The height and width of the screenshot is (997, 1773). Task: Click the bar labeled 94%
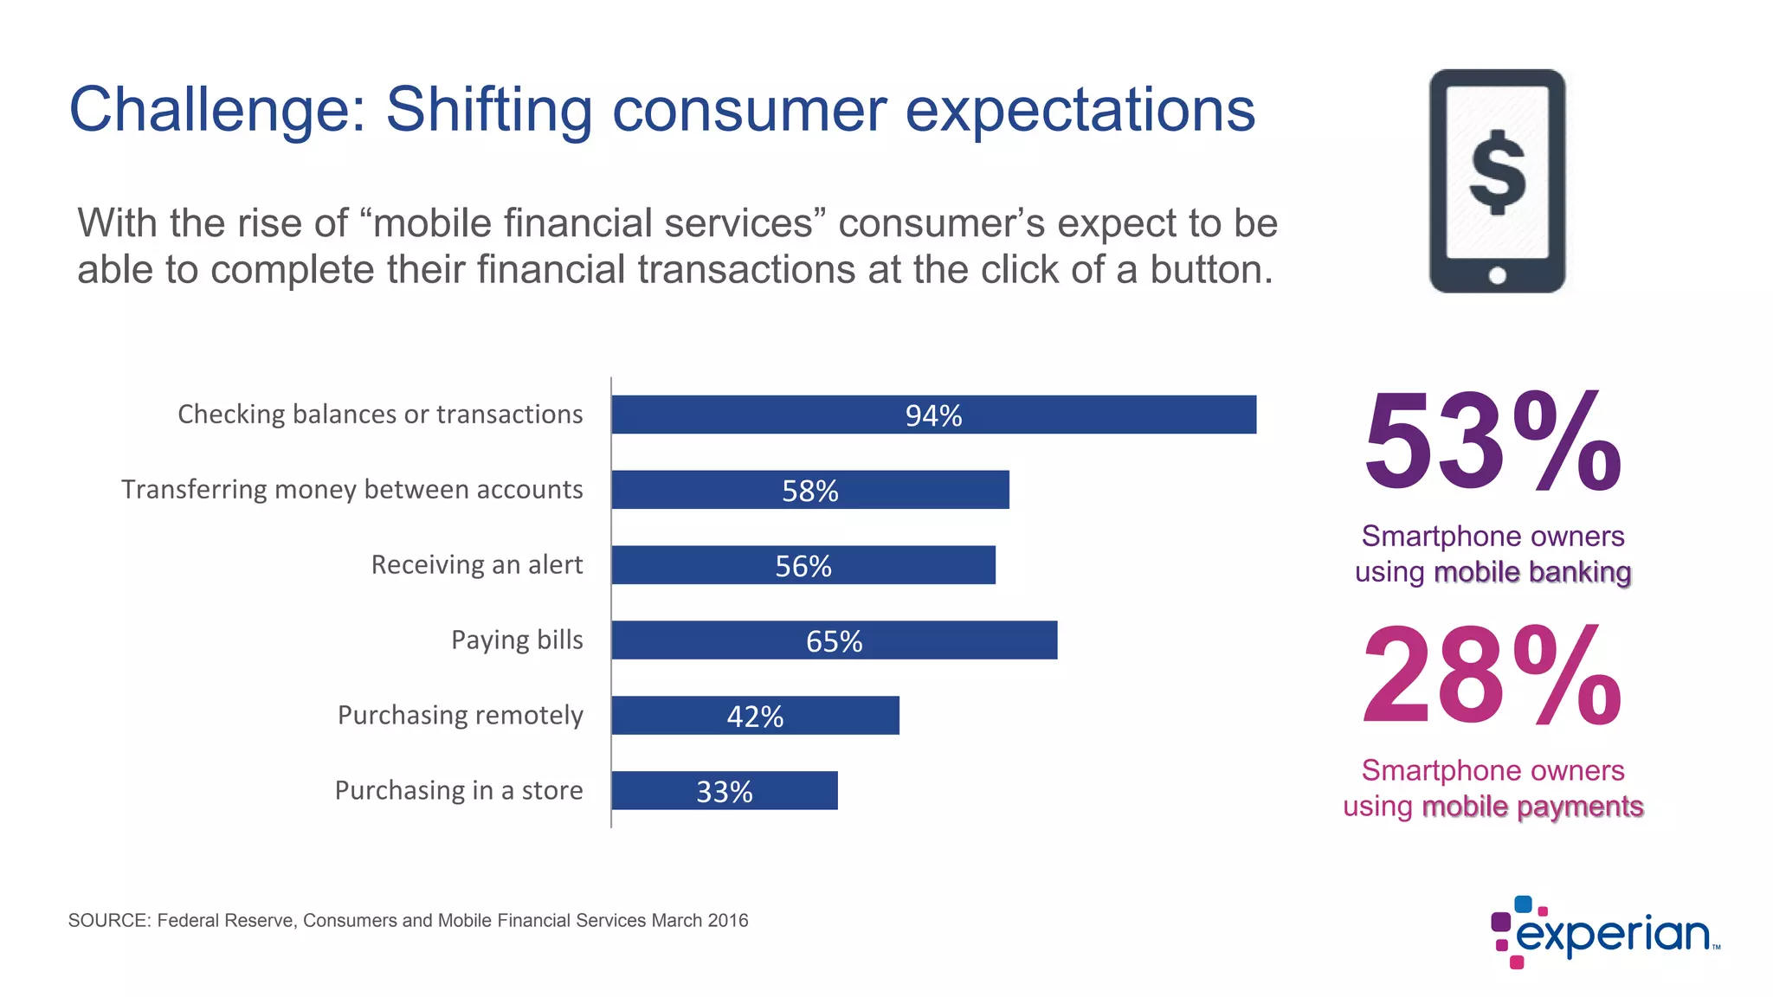tap(933, 415)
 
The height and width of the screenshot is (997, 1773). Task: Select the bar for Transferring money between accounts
tap(809, 490)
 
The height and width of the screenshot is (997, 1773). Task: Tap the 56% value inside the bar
tap(803, 566)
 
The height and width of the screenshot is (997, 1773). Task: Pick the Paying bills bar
tap(834, 640)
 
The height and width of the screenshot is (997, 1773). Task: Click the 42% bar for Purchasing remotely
tap(755, 716)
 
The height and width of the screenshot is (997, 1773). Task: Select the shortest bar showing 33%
tap(724, 791)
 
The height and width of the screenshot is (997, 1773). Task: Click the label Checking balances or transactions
tap(380, 415)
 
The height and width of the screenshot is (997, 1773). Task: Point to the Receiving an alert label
tap(476, 565)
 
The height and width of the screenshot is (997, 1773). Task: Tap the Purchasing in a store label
tap(458, 791)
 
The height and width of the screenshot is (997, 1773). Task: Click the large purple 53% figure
tap(1492, 442)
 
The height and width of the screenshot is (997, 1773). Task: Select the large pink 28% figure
tap(1492, 677)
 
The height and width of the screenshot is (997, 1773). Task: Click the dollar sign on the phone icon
tap(1497, 173)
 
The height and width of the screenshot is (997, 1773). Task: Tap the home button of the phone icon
tap(1497, 276)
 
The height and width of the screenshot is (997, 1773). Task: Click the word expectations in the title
tap(1080, 111)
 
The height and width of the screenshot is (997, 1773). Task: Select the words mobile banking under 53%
tap(1532, 573)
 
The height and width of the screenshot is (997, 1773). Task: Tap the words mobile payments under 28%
tap(1532, 807)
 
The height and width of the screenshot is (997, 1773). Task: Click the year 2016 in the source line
tap(727, 921)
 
